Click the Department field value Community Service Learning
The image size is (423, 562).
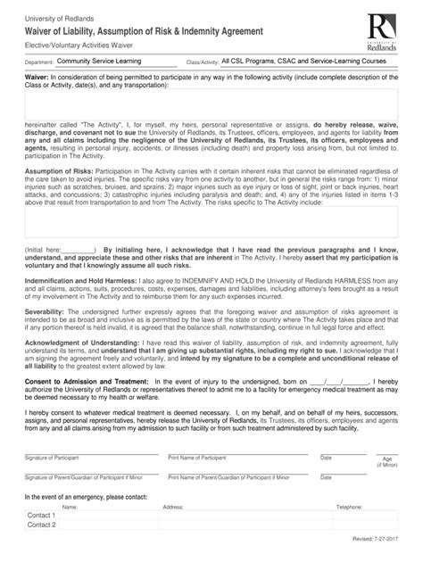[x=104, y=62]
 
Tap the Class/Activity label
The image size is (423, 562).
[x=202, y=63]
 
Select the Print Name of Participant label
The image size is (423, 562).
[x=196, y=458]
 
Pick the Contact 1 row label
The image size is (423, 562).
[x=41, y=516]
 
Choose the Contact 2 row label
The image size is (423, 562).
[x=41, y=525]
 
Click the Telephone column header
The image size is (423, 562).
[x=349, y=506]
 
